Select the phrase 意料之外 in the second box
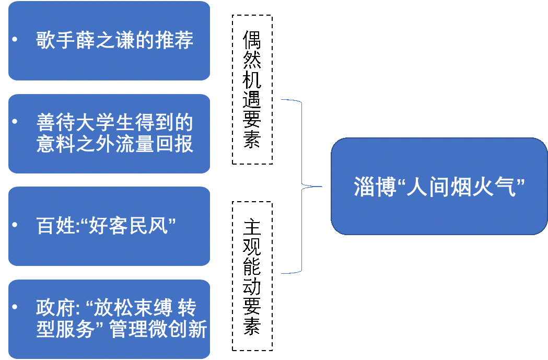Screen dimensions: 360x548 coord(75,144)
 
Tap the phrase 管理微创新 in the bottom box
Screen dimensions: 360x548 coord(159,330)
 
